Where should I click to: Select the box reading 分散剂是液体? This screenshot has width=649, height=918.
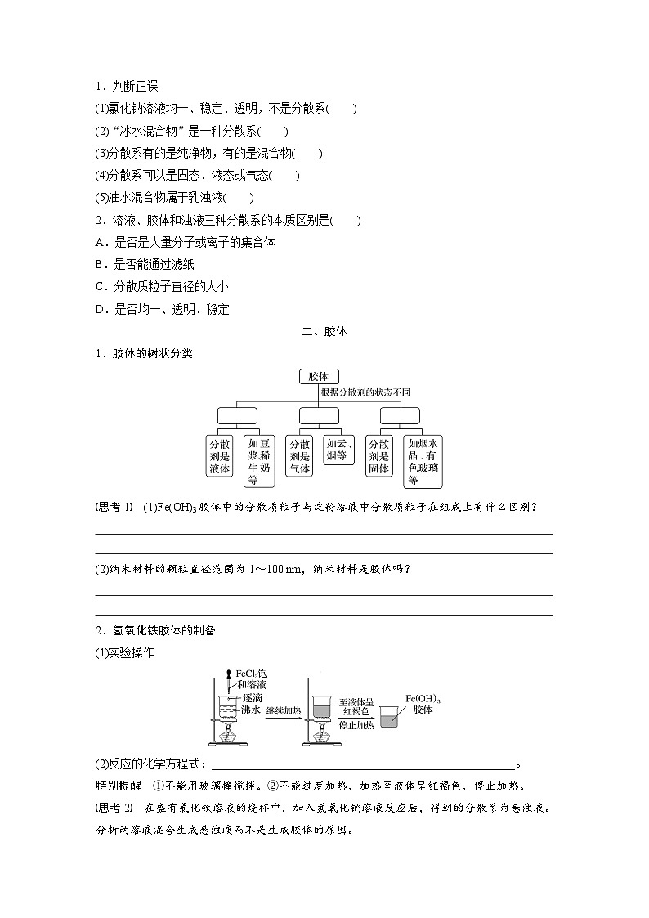(221, 455)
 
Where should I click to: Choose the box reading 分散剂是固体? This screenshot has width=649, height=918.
(378, 455)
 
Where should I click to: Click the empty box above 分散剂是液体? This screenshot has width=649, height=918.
(236, 416)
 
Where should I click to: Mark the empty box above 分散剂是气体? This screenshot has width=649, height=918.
(318, 416)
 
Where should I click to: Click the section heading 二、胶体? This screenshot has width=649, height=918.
(324, 332)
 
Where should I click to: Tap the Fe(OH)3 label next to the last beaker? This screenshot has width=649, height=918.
(423, 700)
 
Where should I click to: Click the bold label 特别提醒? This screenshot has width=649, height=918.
(118, 786)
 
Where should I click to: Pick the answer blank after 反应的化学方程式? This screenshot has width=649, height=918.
(364, 764)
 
